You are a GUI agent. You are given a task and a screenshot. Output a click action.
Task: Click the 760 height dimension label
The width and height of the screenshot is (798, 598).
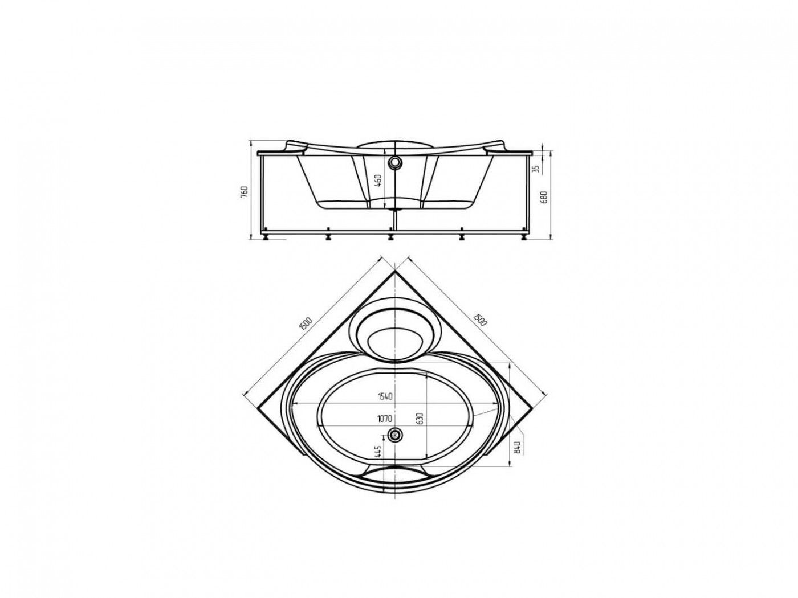[245, 191]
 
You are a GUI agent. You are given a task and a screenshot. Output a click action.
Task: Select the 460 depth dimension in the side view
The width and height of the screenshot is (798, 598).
[378, 180]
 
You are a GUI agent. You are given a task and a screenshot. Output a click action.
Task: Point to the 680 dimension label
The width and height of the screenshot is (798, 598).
[544, 196]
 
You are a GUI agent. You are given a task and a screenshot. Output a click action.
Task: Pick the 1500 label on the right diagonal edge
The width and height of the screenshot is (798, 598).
[479, 318]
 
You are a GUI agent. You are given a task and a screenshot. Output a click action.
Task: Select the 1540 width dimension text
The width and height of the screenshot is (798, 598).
[385, 396]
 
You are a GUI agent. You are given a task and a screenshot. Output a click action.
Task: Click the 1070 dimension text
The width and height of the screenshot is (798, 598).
[384, 419]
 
